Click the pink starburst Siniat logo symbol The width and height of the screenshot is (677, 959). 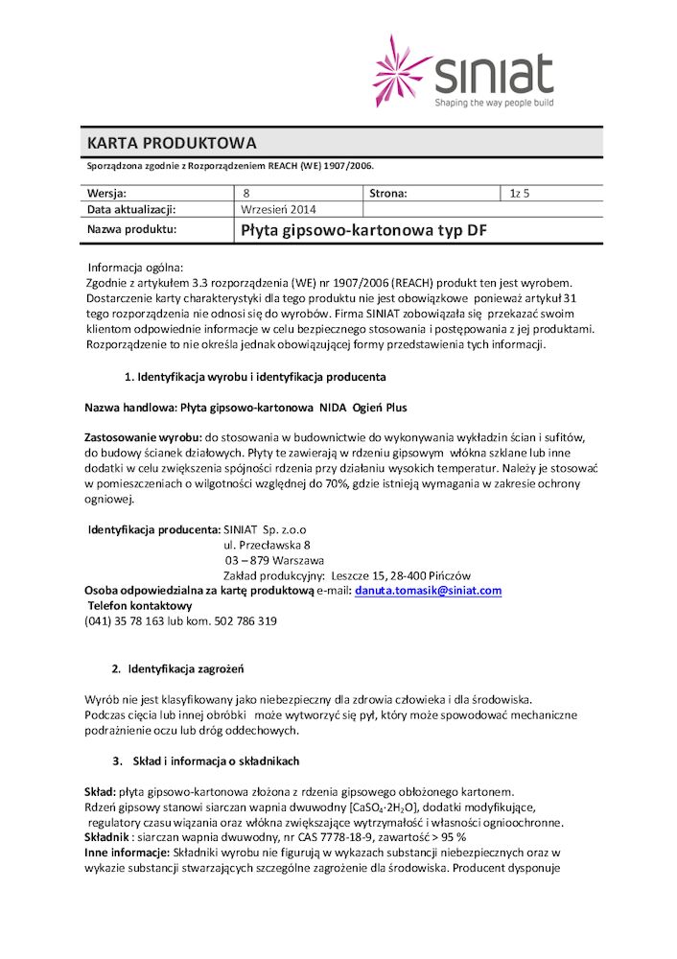tap(402, 71)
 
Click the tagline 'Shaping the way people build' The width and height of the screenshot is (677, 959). tap(494, 102)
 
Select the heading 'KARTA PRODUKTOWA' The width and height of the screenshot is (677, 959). tap(172, 144)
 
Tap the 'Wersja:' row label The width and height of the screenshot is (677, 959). tap(106, 193)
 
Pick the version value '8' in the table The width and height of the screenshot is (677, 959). tap(246, 193)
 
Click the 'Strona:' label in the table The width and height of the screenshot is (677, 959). tap(387, 193)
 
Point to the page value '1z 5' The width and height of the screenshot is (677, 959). tap(520, 193)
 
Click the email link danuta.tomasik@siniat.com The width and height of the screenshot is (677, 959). tap(428, 590)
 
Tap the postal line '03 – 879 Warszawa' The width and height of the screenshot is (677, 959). tap(274, 559)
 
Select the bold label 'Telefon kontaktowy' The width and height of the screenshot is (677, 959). tap(140, 605)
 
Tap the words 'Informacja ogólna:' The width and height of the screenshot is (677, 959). tap(134, 267)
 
